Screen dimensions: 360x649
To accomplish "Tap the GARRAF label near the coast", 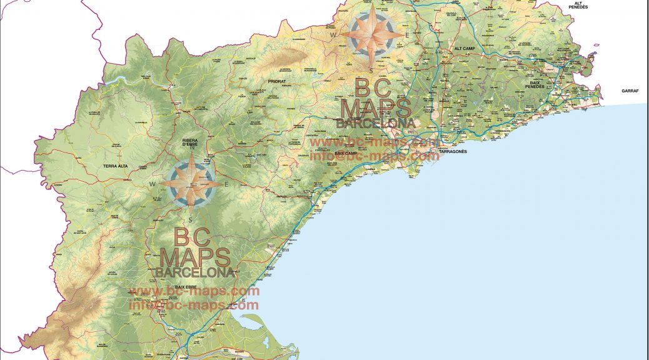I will click(x=630, y=91).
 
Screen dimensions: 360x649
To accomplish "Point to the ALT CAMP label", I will click(x=466, y=48).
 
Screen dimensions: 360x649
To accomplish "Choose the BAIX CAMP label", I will click(x=346, y=153).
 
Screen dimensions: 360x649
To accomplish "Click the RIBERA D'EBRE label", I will click(x=189, y=142).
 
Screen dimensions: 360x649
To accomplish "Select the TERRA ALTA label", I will click(x=115, y=166).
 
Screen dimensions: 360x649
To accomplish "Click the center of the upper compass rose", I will click(x=371, y=34).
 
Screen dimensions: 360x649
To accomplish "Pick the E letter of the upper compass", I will click(x=407, y=35).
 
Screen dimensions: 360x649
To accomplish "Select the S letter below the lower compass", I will click(x=190, y=219).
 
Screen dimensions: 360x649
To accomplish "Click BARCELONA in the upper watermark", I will click(x=375, y=123).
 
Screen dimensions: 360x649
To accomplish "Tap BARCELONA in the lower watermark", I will click(x=194, y=272).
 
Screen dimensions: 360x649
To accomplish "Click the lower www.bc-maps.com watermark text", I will click(x=194, y=291).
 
